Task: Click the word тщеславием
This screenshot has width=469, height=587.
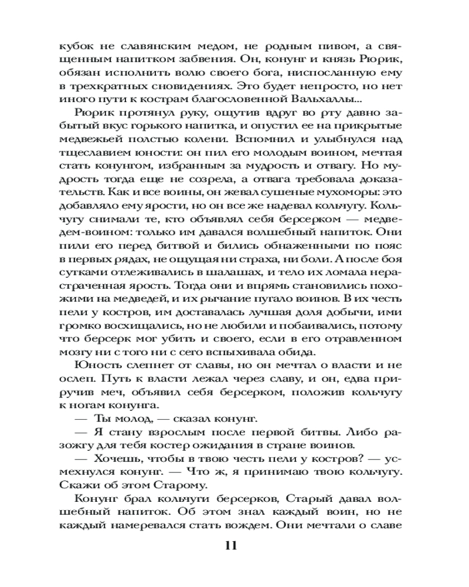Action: (x=91, y=153)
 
